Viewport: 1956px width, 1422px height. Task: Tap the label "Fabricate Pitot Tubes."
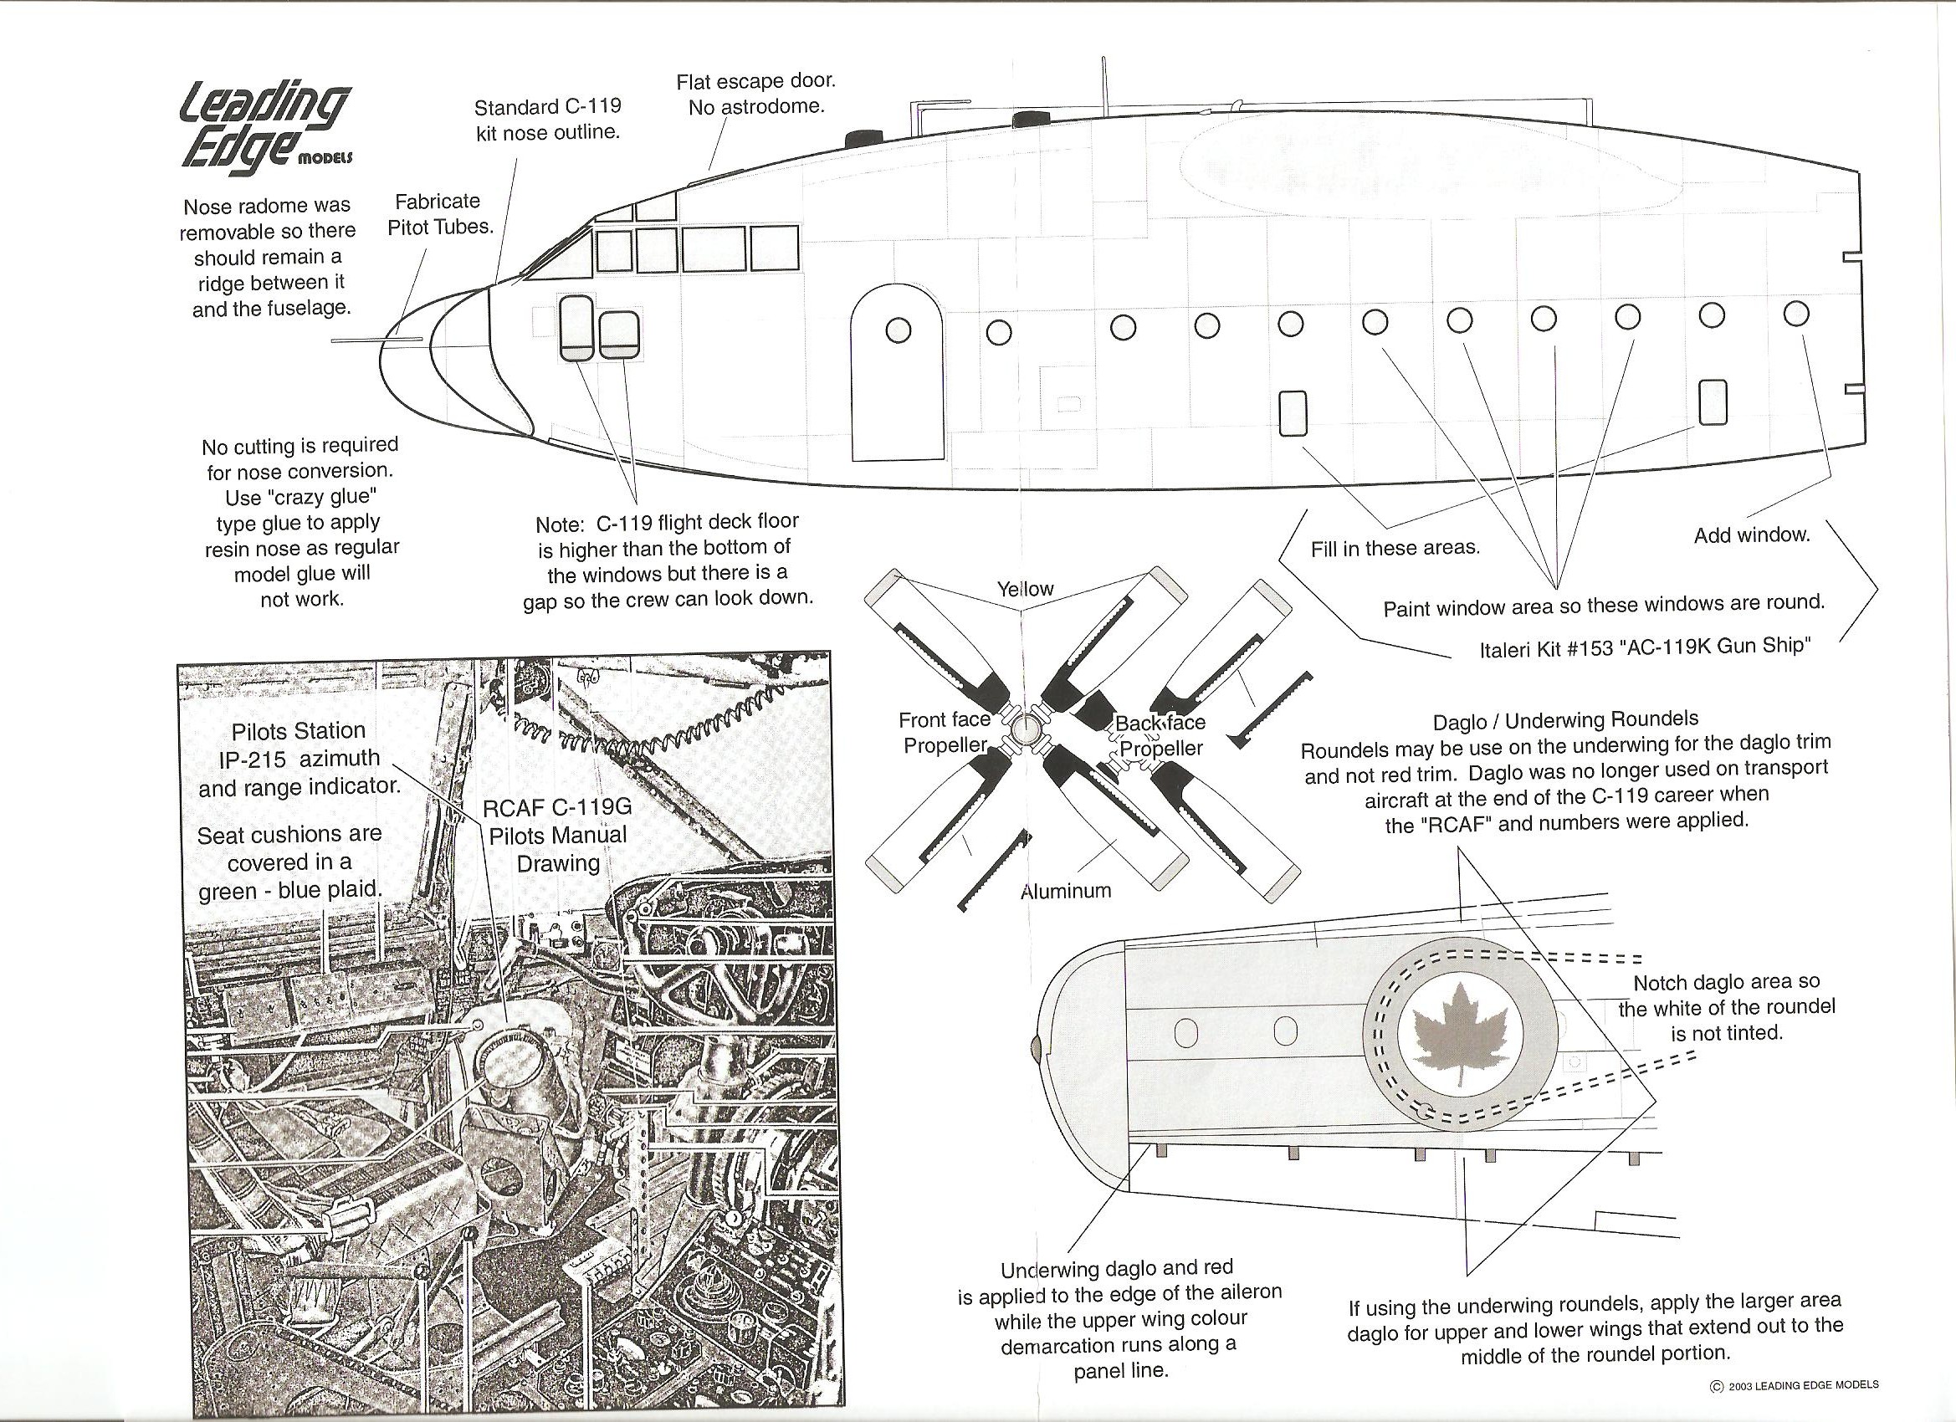438,214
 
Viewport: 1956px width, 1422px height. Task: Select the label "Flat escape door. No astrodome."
755,94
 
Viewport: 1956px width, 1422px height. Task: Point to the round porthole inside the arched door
898,330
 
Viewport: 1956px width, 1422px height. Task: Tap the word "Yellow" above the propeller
1026,589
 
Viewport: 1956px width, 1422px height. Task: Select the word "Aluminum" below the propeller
1065,891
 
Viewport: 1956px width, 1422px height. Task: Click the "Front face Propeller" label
945,732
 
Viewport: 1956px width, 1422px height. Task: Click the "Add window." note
1752,535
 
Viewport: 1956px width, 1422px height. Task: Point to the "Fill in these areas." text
1395,549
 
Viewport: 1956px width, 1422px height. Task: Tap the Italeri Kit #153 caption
1644,647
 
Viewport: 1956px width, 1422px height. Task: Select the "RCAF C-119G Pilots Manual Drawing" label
557,835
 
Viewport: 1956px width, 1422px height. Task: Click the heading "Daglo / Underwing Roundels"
1565,720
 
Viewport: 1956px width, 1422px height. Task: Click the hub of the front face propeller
1025,729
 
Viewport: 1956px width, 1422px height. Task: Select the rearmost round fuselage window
1796,314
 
